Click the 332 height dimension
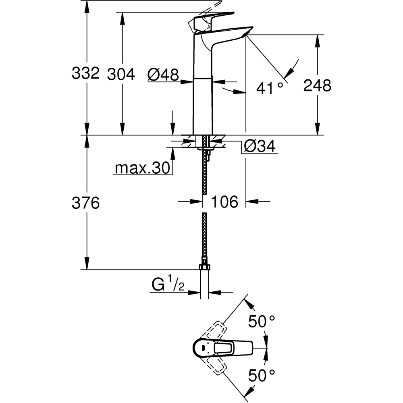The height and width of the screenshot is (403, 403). point(85,73)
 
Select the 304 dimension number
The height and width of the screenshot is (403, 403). point(121,74)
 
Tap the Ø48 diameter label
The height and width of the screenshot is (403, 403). point(163,74)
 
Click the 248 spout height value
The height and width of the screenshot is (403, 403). point(317,85)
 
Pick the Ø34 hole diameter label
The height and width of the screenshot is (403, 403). point(260,146)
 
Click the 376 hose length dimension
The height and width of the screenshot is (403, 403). point(85,203)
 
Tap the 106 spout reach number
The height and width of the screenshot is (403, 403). point(224,201)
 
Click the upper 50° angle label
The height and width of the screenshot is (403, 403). point(262,322)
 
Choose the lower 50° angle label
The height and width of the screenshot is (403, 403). point(262,376)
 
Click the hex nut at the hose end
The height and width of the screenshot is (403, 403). point(205,267)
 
